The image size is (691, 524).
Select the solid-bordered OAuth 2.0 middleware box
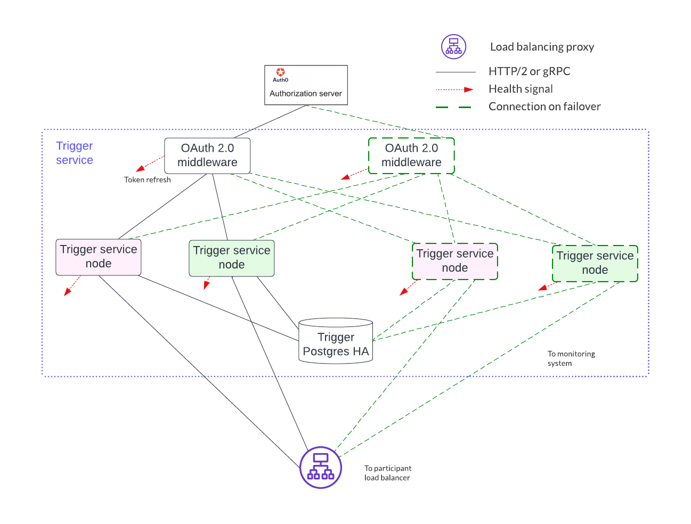click(207, 155)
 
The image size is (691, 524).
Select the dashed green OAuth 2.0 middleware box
click(411, 155)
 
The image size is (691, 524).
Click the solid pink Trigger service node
click(99, 257)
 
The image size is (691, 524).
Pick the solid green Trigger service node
click(232, 258)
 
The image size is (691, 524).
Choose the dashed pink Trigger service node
click(455, 261)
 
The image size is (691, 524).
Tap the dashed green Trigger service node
click(595, 264)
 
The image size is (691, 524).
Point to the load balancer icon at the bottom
click(320, 468)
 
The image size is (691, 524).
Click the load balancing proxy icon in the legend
click(453, 47)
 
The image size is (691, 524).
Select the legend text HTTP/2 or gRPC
click(529, 71)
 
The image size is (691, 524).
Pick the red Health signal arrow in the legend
click(454, 89)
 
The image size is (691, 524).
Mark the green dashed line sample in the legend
click(453, 107)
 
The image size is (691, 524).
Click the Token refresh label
click(148, 180)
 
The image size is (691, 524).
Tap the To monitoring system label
click(571, 358)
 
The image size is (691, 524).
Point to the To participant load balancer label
click(388, 473)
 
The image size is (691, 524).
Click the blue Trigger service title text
click(75, 153)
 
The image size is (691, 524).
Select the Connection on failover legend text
click(544, 107)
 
